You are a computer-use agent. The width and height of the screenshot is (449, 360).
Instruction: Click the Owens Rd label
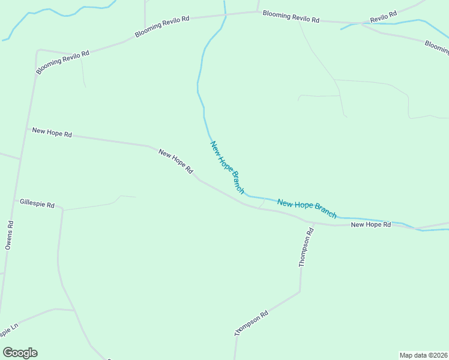click(9, 235)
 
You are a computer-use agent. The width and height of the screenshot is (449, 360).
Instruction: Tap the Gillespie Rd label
click(37, 204)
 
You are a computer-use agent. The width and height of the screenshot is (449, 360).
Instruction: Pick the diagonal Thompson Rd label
click(251, 323)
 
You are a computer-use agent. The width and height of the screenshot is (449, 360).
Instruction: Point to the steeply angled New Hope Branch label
click(227, 167)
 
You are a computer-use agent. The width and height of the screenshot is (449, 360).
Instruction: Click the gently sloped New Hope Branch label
click(307, 208)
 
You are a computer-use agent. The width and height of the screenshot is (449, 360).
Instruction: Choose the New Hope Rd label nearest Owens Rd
click(52, 133)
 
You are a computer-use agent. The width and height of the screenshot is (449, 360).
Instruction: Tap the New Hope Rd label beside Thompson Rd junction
click(371, 224)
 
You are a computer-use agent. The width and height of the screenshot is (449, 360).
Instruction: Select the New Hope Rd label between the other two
click(175, 161)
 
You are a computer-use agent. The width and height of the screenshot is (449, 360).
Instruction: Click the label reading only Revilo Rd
click(384, 17)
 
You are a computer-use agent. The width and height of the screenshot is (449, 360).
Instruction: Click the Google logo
click(20, 353)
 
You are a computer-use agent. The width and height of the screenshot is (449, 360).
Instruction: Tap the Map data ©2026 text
click(423, 355)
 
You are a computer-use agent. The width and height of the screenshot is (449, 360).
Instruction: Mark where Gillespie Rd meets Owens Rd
click(14, 200)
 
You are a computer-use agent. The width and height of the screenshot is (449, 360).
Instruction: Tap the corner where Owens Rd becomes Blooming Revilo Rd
click(38, 51)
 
